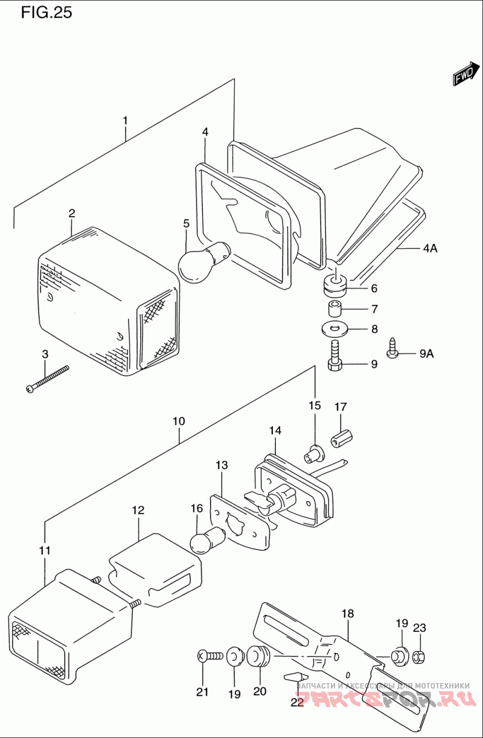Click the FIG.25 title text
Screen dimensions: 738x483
pos(46,13)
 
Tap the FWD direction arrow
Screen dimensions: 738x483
pos(464,74)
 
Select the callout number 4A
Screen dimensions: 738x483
pos(429,248)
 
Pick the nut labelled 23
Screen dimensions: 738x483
pos(420,655)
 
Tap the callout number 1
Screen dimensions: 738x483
pos(125,121)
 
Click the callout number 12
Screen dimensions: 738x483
pos(138,511)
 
